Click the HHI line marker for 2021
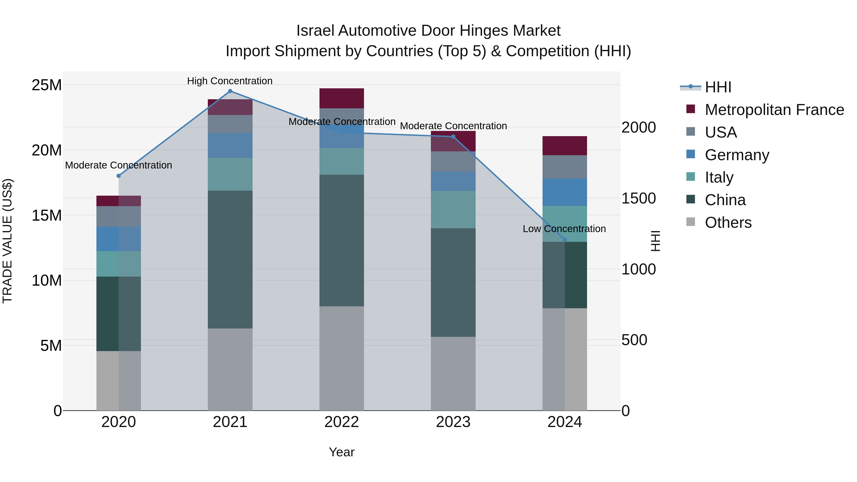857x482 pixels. tap(230, 91)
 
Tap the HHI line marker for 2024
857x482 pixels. tap(565, 239)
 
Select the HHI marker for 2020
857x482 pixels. tap(119, 176)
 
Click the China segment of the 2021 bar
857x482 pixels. tap(230, 259)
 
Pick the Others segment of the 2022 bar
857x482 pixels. tap(342, 358)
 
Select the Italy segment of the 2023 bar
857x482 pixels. tap(453, 209)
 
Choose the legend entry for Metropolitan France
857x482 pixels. tap(774, 110)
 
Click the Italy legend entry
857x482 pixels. tap(719, 177)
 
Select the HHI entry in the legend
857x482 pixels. tap(718, 87)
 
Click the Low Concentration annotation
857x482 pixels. tap(564, 229)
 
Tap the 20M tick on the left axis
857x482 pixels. tap(47, 150)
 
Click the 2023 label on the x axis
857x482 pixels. tap(453, 422)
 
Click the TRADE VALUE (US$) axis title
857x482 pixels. tap(7, 241)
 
